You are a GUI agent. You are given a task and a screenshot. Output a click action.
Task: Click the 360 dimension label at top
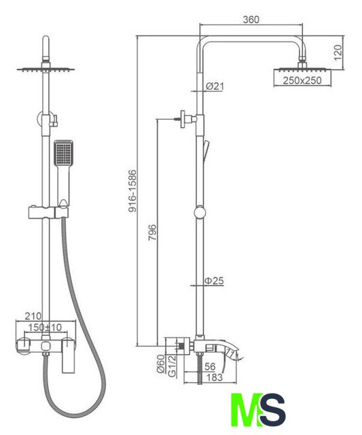(x=251, y=20)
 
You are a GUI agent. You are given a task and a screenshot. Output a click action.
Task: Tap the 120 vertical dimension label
(x=338, y=53)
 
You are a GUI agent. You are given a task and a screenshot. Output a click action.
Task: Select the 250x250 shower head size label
(x=302, y=80)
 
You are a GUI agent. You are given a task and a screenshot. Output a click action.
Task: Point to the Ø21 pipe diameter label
(x=215, y=86)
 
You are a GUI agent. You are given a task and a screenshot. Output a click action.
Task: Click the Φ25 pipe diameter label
(x=214, y=281)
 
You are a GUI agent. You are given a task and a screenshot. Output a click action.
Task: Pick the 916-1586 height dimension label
(x=132, y=191)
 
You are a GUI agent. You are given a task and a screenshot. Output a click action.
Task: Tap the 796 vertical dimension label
(x=152, y=232)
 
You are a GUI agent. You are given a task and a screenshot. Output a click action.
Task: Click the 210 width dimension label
(x=33, y=315)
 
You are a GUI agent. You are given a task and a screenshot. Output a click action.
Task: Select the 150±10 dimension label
(x=45, y=328)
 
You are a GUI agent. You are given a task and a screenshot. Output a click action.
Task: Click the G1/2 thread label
(x=172, y=366)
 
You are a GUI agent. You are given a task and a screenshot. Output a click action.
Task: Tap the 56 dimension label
(x=210, y=366)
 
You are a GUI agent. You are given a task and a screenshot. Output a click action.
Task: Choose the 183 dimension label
(x=215, y=377)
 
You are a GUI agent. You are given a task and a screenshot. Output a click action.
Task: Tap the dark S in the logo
(x=272, y=409)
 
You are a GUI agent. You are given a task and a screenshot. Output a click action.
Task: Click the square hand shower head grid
(x=63, y=153)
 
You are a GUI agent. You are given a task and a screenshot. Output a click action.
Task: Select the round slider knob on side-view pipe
(x=200, y=213)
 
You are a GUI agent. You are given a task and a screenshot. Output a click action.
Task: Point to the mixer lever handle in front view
(x=68, y=355)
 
